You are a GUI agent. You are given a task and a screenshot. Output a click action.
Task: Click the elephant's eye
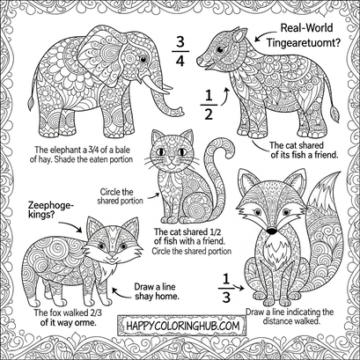(143, 59)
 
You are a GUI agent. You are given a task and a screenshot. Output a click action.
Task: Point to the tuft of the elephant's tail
(30, 104)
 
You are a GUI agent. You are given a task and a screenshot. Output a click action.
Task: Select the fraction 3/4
(180, 51)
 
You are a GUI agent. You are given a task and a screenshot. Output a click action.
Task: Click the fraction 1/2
(209, 105)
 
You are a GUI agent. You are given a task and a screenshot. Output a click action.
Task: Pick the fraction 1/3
(226, 288)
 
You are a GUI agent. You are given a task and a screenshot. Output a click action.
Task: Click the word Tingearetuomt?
(304, 43)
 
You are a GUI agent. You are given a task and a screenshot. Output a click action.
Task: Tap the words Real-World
(306, 28)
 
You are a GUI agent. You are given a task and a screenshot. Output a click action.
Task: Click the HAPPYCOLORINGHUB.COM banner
(182, 326)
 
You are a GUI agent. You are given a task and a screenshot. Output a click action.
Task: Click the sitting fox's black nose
(272, 231)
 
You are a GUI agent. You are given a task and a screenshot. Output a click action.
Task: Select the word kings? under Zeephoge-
(41, 215)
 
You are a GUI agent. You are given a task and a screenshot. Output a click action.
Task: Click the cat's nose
(171, 159)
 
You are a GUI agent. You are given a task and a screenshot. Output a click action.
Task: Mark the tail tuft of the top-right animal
(334, 114)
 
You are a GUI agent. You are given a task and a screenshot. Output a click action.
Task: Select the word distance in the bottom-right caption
(276, 321)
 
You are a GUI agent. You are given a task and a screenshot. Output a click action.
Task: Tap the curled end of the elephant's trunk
(179, 112)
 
